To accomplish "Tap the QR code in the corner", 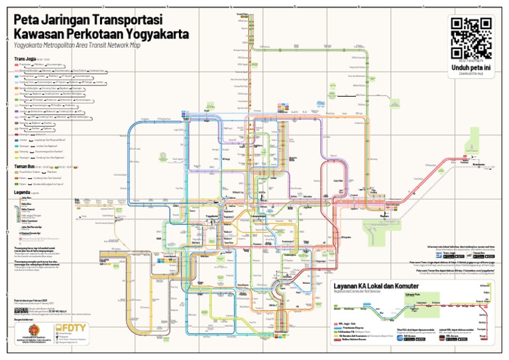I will point(471,38).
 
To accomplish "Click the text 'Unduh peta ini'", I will point(471,68).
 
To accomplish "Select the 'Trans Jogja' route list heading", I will point(24,59).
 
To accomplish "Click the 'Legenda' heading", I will point(21,192).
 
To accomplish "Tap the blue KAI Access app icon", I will point(400,337).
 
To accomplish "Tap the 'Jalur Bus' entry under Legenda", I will point(27,198).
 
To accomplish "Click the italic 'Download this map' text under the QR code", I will point(471,74).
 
